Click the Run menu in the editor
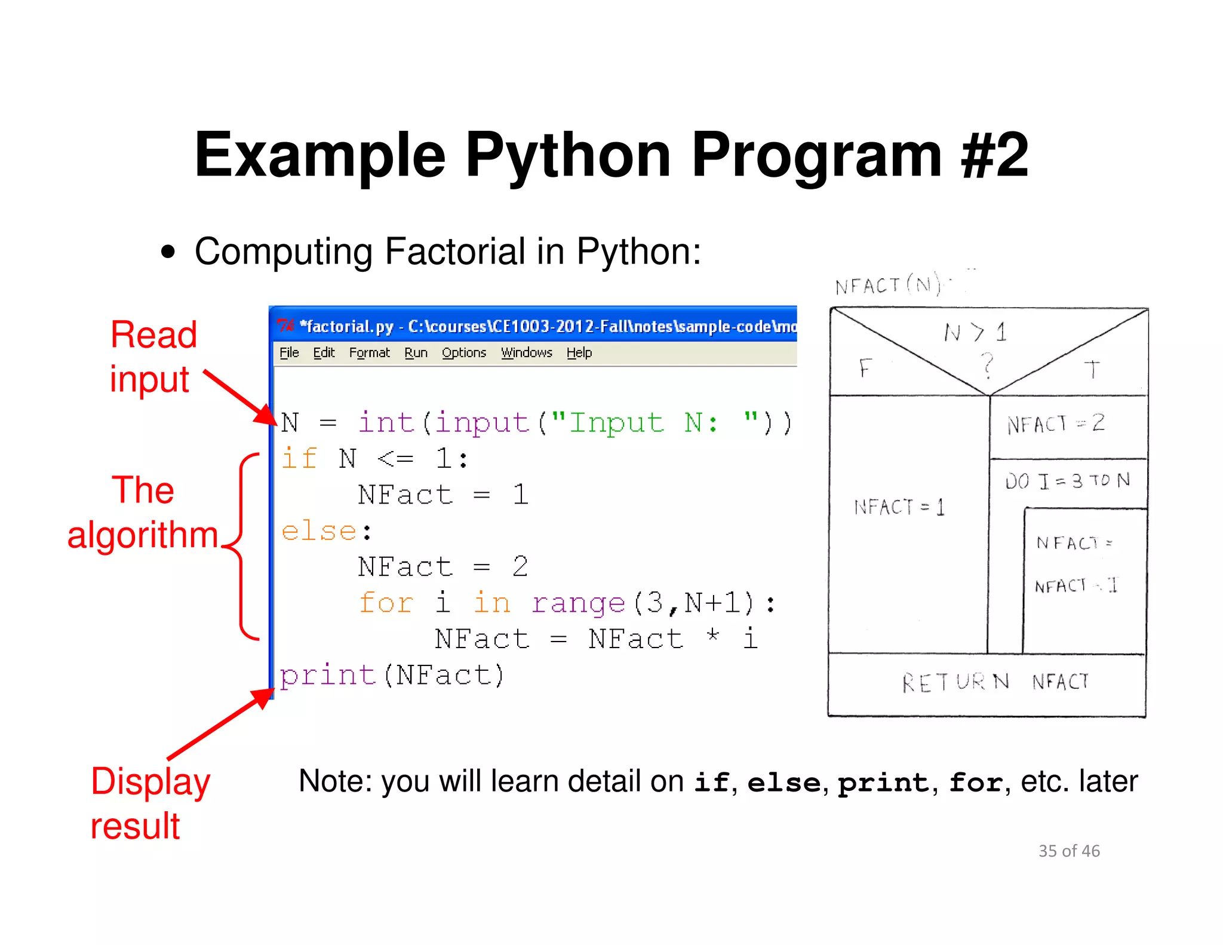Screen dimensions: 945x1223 point(416,352)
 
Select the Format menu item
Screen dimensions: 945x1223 point(369,352)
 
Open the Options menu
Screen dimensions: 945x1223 point(464,352)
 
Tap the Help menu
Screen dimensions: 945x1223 point(579,352)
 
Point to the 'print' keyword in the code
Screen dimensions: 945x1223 point(328,675)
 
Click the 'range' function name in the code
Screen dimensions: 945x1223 point(578,603)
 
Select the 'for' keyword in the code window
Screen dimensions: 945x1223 point(386,603)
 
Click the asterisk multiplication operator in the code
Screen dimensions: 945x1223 point(712,636)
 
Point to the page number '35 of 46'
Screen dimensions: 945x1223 point(1069,851)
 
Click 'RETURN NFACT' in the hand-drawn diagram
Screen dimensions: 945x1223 point(995,682)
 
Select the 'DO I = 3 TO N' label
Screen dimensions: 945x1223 point(1067,481)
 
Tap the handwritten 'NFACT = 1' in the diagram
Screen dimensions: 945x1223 point(899,507)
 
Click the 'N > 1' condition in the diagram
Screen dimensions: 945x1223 point(975,332)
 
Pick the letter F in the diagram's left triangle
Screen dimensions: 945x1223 point(865,368)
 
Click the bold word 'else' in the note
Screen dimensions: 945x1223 point(783,783)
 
